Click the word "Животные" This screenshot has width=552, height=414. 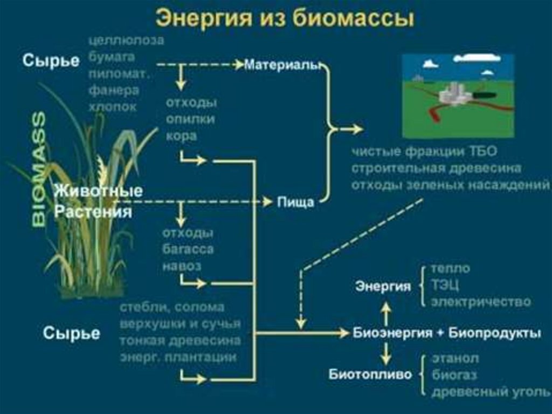coord(99,191)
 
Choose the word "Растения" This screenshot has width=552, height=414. coord(93,212)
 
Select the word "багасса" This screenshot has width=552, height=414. coord(188,249)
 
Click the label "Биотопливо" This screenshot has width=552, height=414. coord(370,374)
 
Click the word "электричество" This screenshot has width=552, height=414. coord(480,302)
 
